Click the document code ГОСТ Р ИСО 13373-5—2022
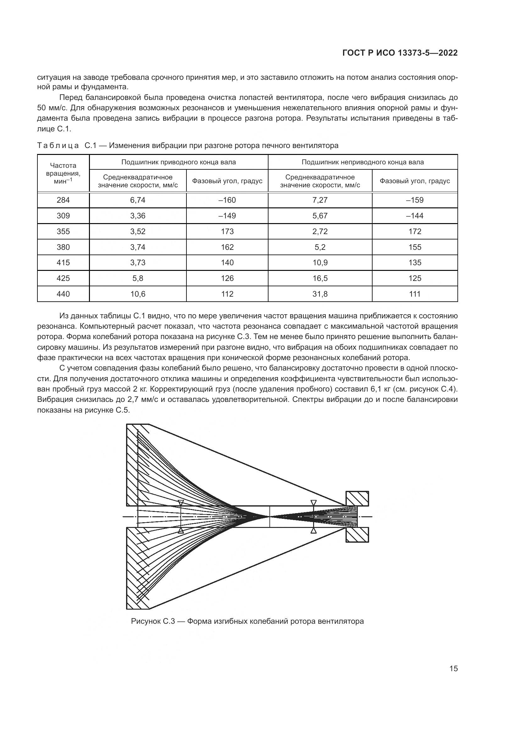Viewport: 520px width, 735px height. click(400, 53)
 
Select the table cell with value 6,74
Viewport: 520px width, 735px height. click(138, 200)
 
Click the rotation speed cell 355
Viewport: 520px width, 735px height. click(63, 232)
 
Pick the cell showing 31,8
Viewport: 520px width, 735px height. click(320, 294)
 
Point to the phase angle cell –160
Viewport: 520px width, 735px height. click(227, 200)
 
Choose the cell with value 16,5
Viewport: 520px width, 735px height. click(320, 278)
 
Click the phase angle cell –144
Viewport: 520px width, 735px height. click(415, 216)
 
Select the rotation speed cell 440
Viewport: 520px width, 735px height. click(63, 294)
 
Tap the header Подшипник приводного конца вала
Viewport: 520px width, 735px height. click(178, 162)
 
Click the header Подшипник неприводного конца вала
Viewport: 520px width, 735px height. click(362, 162)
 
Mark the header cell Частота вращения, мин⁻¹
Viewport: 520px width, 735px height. click(63, 173)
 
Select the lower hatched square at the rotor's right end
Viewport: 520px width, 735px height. click(357, 535)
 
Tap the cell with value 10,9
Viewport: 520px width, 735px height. click(320, 262)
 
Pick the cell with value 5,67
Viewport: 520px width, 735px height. click(320, 216)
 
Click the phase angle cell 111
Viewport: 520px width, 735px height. click(415, 294)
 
